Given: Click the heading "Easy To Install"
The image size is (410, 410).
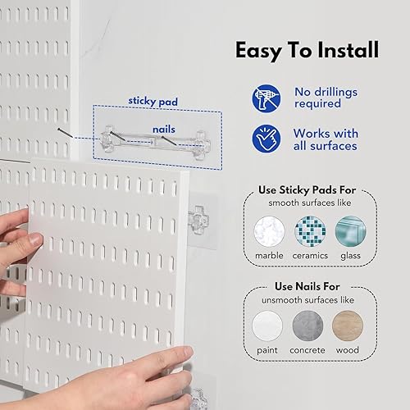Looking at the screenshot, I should [x=307, y=50].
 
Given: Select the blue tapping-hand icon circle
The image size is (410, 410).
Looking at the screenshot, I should [x=266, y=139].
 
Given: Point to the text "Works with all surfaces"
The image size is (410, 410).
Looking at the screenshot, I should [x=325, y=139].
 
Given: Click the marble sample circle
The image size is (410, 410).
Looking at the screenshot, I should [x=269, y=231].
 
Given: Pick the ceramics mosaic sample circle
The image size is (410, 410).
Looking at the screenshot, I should [x=311, y=231].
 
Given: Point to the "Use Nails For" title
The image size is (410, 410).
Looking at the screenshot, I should [x=310, y=287].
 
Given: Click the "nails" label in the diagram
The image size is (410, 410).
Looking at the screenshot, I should [x=164, y=130].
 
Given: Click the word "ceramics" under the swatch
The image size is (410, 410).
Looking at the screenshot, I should [x=311, y=256].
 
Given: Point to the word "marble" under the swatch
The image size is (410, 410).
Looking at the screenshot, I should [x=269, y=256].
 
